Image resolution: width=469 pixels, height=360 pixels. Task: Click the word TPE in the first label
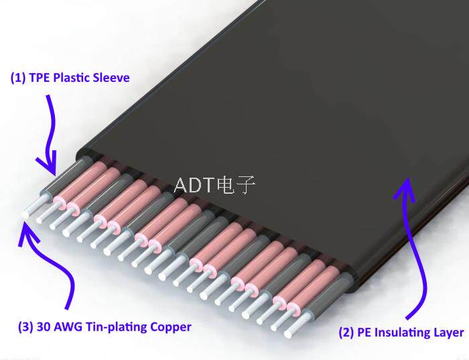tap(40, 78)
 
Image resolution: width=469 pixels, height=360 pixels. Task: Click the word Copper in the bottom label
tap(170, 327)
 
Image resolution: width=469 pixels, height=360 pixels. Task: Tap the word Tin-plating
tap(117, 327)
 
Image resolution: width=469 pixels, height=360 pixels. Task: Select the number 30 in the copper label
tap(44, 326)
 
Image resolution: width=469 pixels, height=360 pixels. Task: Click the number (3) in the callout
tap(25, 326)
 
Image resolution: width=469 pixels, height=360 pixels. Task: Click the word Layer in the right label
tap(446, 333)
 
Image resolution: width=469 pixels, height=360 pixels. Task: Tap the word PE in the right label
tap(364, 333)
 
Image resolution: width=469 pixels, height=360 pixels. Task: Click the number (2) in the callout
tap(346, 333)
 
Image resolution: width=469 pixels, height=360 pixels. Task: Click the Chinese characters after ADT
tap(237, 185)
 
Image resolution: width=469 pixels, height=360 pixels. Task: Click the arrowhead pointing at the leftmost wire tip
tap(27, 234)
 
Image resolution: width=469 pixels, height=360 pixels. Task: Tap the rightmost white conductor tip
tap(288, 334)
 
